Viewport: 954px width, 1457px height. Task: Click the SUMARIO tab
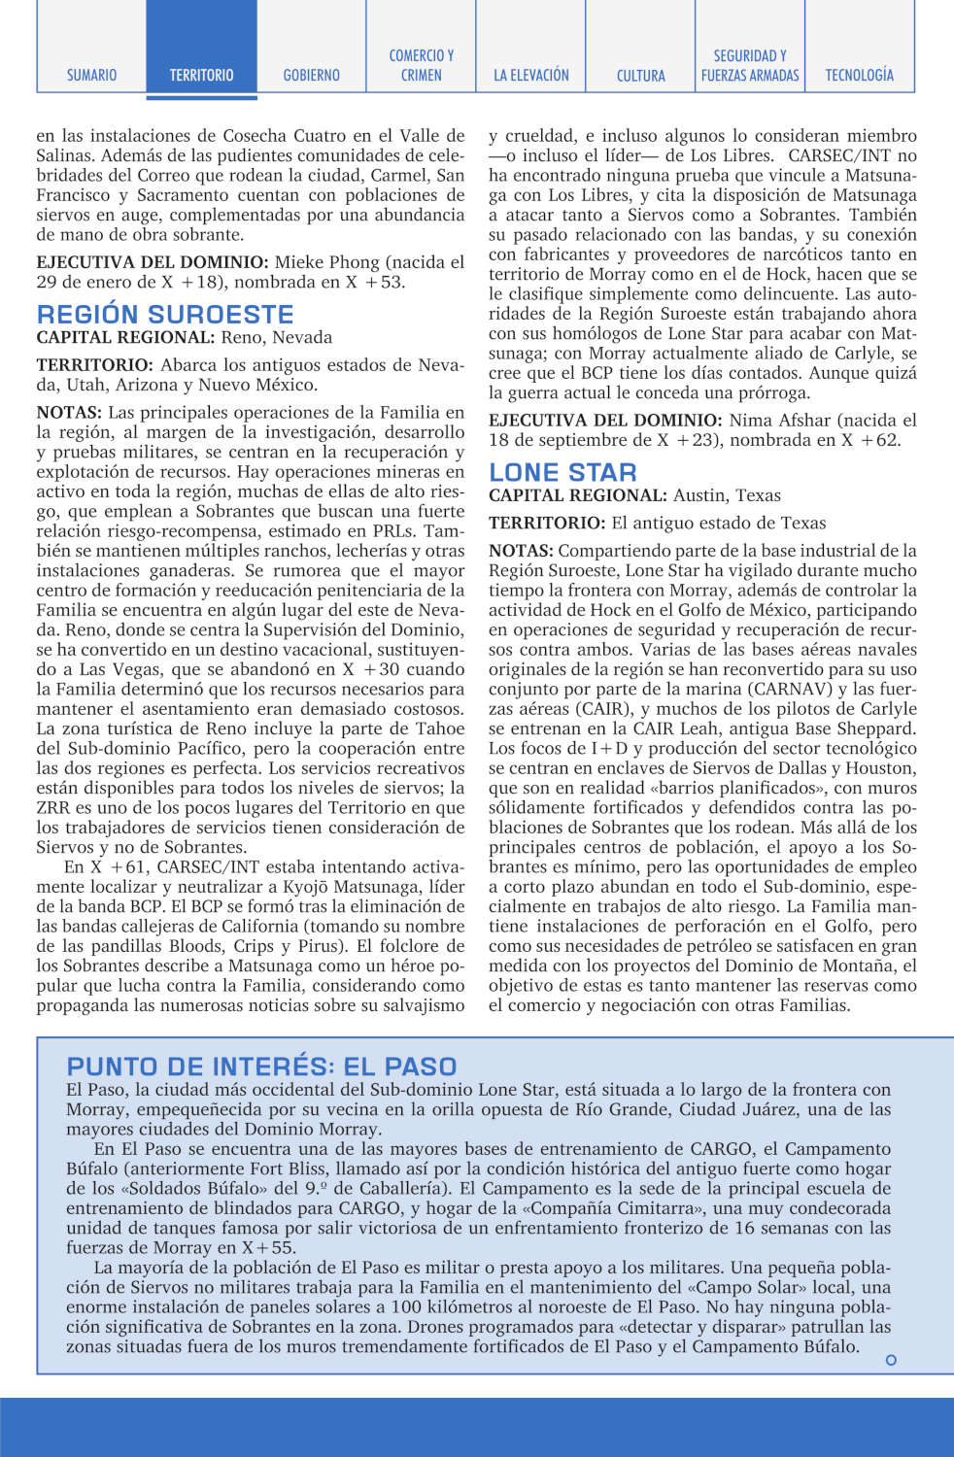91,75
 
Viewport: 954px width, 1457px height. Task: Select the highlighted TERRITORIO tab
201,75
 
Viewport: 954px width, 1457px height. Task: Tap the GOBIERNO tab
311,75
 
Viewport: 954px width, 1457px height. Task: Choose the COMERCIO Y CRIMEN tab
421,65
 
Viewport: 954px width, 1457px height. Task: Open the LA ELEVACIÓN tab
530,75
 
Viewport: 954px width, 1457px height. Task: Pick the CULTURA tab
640,75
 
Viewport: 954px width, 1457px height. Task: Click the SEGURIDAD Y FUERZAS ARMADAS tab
750,65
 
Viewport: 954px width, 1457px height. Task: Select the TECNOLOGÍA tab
859,75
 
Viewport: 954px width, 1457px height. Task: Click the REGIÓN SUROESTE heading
165,315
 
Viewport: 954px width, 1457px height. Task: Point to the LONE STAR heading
562,473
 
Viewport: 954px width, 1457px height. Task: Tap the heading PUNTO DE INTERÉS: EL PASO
261,1066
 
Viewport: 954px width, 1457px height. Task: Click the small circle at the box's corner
891,1360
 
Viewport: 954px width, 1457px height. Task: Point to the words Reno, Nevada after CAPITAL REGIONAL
276,338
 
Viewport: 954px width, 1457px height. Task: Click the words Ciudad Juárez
734,1109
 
